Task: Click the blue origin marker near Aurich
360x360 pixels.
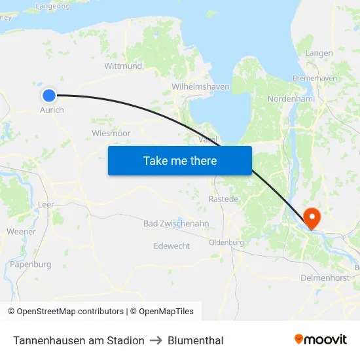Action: pos(49,96)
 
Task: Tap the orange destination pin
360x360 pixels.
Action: pos(312,218)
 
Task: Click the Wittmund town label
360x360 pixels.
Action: pos(123,66)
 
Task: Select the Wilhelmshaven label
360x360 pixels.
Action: pos(200,86)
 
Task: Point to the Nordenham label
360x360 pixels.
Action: pos(291,99)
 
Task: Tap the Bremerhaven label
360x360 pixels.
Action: pos(315,78)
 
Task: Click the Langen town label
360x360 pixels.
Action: pos(319,53)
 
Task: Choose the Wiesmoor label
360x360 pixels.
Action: pos(111,133)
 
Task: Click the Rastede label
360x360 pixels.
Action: pos(224,198)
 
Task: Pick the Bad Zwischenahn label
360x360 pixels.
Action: pos(176,224)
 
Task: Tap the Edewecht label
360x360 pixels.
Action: pos(171,245)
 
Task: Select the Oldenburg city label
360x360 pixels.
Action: pos(226,242)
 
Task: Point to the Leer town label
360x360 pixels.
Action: pos(46,205)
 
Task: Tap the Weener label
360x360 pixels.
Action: pos(21,232)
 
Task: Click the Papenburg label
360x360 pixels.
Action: pos(30,264)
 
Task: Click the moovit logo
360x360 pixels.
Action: pos(321,340)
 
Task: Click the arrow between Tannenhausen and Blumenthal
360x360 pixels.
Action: pos(156,340)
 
